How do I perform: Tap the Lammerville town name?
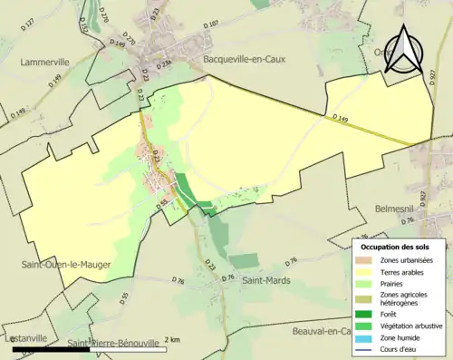point(45,63)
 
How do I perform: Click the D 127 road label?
point(27,47)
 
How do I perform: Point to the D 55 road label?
point(124,298)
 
